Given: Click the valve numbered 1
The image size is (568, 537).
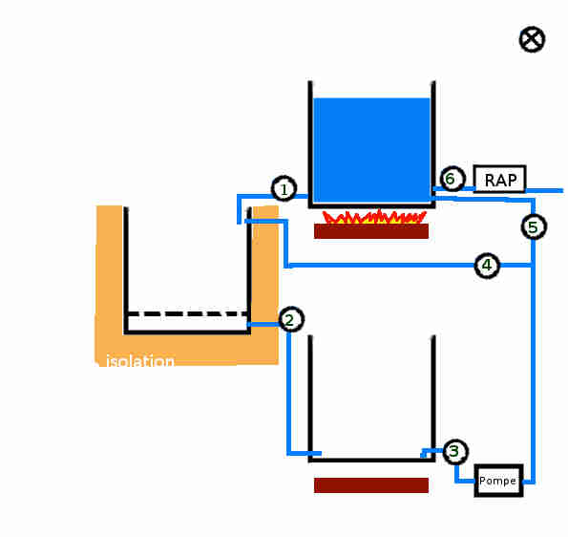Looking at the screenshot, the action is point(284,188).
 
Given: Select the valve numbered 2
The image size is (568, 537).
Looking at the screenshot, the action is point(291,319).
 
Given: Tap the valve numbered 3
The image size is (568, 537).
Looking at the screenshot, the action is point(455,451).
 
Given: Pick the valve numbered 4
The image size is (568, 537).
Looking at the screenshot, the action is point(487,266).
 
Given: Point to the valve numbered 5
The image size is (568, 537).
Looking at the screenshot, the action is point(534,227).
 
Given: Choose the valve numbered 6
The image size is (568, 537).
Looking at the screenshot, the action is point(452,179).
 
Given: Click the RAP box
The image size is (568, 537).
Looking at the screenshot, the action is point(499,179).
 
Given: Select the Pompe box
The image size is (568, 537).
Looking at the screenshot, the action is point(499,481).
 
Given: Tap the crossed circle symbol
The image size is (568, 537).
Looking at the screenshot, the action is point(532,39).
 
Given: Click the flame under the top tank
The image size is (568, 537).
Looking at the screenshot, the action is point(374,217).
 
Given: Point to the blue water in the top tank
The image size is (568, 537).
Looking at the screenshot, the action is point(372,150).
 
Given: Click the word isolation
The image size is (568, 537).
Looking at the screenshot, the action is point(139,361).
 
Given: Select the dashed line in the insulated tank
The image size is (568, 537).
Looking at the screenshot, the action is point(187,313).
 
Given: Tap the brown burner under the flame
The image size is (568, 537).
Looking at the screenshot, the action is point(371,231).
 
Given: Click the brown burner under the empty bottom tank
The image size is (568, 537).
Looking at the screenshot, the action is point(371,485).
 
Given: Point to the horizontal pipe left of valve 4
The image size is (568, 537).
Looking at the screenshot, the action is point(380,266).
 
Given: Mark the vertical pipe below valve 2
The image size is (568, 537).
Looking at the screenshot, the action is point(288,393).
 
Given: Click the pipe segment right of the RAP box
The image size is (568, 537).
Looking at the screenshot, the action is point(544,190).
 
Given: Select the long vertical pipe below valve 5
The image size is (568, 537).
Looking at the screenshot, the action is point(533,361).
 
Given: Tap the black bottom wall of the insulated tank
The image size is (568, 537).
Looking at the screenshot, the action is point(187,333).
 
